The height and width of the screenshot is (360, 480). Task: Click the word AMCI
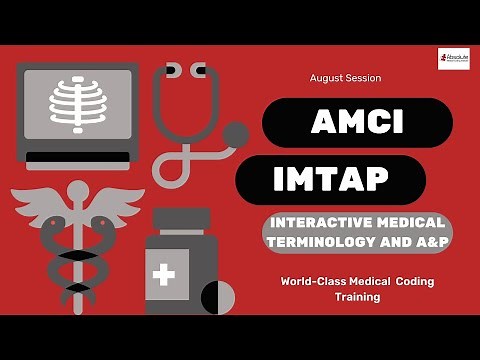pos(357,122)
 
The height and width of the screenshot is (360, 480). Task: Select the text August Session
pos(345,77)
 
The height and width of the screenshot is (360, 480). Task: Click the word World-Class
pos(314,281)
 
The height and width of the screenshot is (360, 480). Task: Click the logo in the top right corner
pos(453,58)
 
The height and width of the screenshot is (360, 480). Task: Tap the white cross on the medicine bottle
pos(164,272)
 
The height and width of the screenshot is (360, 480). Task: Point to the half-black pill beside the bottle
pos(216,296)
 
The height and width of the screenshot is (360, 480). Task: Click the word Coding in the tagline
pos(410,281)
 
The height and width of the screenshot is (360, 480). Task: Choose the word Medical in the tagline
pos(368,281)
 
